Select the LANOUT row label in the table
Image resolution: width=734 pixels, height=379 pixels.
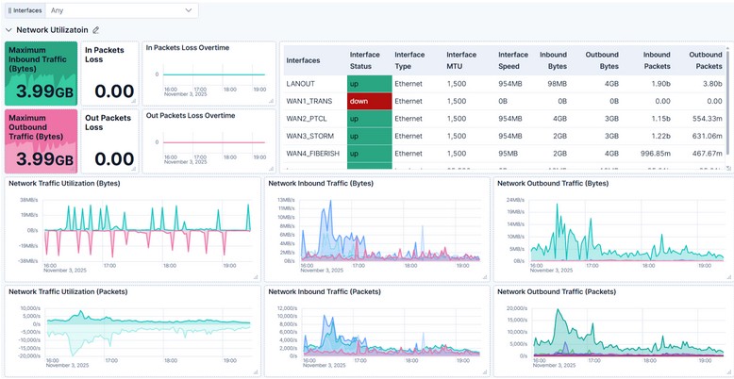(x=301, y=84)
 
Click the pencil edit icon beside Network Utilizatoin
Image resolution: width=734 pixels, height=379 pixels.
(x=95, y=30)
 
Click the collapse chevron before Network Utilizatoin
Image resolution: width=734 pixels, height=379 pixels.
(x=8, y=30)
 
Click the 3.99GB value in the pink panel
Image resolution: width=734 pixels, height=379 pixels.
(x=40, y=157)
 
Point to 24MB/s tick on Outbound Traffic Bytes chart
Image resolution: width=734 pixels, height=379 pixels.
(x=514, y=199)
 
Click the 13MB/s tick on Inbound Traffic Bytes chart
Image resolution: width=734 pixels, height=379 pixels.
(x=287, y=200)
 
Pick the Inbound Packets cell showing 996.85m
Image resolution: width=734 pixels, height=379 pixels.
(x=650, y=153)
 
